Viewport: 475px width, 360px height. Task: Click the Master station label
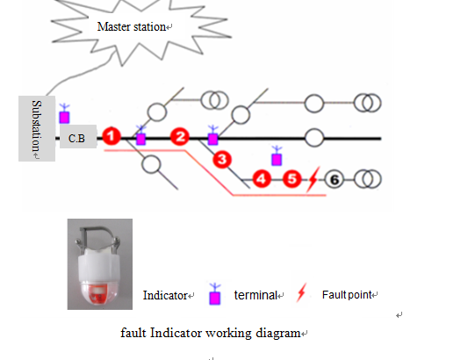coord(132,26)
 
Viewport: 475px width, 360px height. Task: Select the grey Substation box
coord(37,128)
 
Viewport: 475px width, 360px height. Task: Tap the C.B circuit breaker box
coord(78,137)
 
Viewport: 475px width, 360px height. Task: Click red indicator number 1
coord(112,136)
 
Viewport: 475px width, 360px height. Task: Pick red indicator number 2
coord(180,137)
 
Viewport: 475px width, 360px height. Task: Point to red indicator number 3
coord(222,160)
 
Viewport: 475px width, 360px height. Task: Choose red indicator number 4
coord(262,179)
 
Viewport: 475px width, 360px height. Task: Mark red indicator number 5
coord(291,179)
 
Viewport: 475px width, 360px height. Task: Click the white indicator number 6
coord(334,180)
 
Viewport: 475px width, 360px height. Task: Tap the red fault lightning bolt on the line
coord(313,179)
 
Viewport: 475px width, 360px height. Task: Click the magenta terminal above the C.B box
coord(64,113)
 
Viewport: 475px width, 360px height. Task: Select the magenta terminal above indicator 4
coord(277,155)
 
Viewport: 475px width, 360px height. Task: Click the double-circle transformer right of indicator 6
coord(367,179)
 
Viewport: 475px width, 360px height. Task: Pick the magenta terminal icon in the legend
coord(215,294)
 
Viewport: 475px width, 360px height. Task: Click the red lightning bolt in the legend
coord(301,292)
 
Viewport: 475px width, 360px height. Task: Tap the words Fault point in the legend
coord(347,294)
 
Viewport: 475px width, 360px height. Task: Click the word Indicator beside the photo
coord(165,295)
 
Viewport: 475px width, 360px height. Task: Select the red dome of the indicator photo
coord(99,292)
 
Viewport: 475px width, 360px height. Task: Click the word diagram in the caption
coord(277,334)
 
